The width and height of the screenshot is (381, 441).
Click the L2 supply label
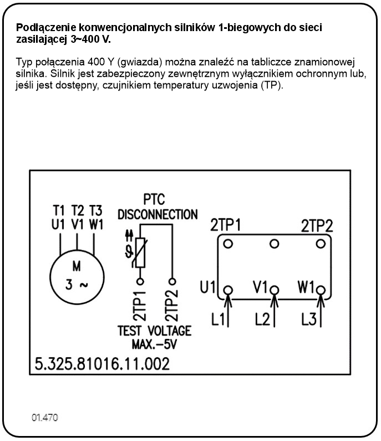pos(262,319)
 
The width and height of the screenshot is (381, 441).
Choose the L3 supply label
pos(309,319)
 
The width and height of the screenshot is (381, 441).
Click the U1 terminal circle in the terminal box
pos(228,289)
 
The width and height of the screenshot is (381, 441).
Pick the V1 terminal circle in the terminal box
pos(273,289)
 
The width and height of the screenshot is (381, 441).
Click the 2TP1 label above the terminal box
pos(225,226)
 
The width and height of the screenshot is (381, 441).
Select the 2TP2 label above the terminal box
pos(317,226)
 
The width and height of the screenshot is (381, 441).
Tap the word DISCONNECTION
pos(158,214)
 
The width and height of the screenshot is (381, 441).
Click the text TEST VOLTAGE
pos(154,330)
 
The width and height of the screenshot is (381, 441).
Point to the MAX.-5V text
pos(154,344)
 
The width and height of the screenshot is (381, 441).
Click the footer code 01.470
pos(44,417)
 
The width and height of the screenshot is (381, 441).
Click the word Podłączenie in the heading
pos(41,27)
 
